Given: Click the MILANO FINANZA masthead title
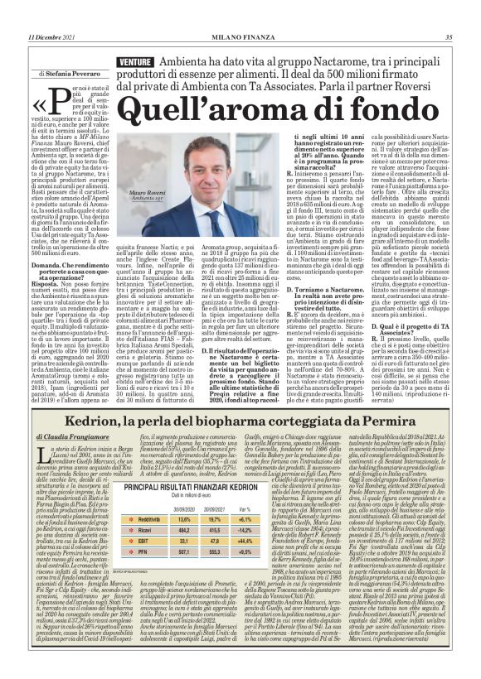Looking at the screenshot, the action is pos(240,36).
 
